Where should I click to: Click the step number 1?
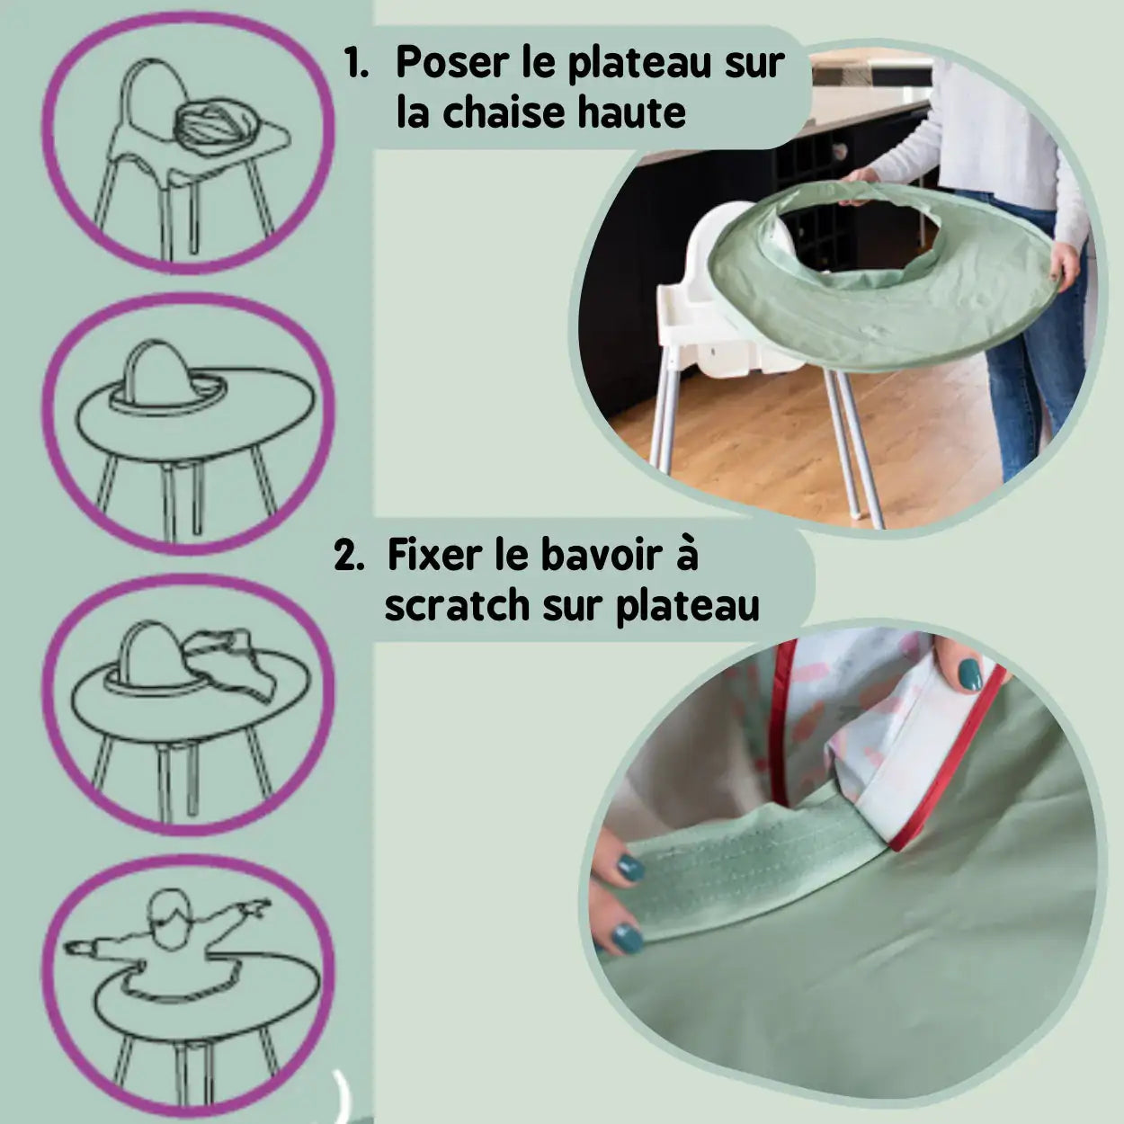[355, 63]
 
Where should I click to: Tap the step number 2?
[349, 557]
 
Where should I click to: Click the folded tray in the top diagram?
[215, 126]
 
